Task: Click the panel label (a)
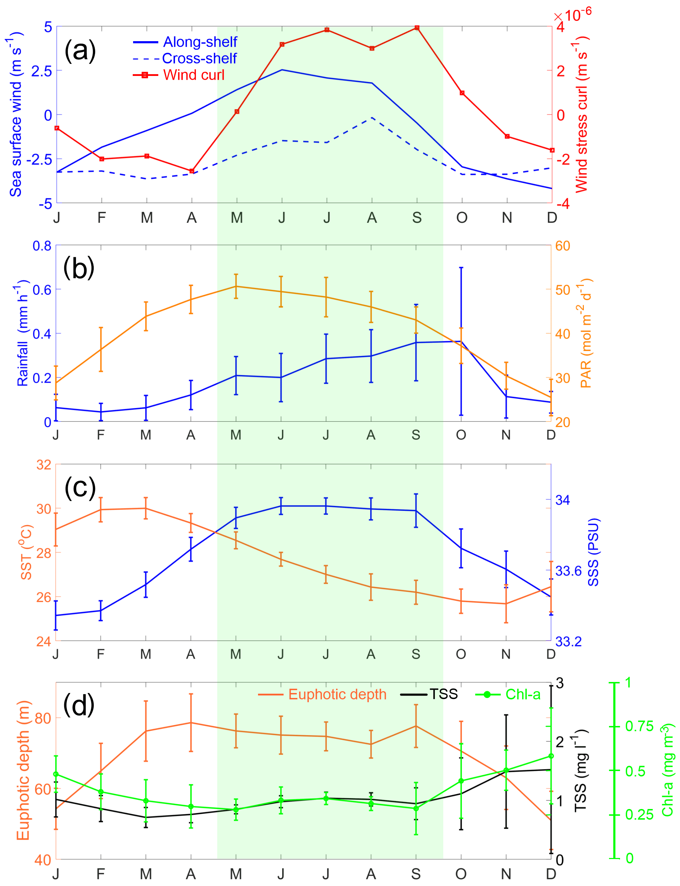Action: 80,51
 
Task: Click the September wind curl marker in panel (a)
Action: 417,28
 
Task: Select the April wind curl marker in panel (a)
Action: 192,171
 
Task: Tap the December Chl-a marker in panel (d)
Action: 551,756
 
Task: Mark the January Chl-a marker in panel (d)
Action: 56,774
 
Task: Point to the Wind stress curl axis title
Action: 582,115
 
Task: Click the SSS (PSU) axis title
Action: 593,552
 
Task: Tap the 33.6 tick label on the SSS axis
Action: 568,571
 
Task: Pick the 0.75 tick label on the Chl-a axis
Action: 639,726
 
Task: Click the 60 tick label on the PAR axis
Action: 563,246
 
